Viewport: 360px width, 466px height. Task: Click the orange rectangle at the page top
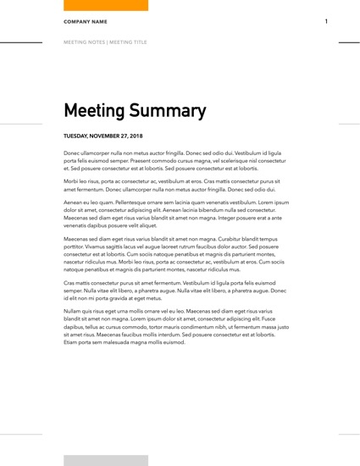click(106, 5)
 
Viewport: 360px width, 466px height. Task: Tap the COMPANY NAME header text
click(84, 21)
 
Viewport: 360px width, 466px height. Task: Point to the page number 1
click(326, 21)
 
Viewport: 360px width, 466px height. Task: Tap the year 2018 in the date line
click(135, 136)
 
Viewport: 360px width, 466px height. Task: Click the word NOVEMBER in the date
click(104, 136)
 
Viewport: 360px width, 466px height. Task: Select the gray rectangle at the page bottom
click(106, 460)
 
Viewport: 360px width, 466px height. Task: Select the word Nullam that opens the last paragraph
click(74, 311)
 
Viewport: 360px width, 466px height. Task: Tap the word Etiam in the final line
click(71, 341)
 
